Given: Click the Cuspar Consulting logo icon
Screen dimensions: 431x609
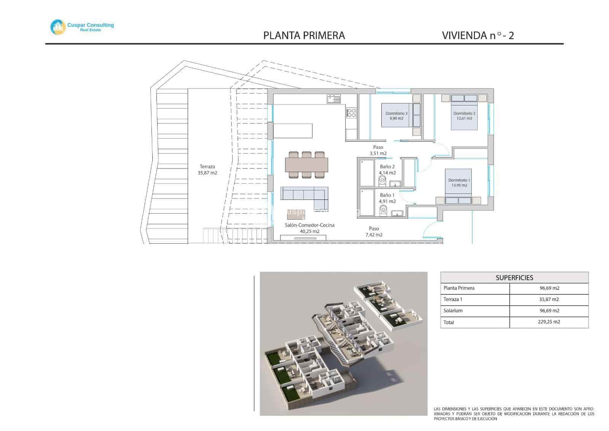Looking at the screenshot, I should click(58, 27).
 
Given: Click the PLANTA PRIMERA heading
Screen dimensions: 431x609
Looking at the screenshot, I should click(304, 35).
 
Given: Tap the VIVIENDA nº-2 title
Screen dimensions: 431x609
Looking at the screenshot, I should click(478, 35).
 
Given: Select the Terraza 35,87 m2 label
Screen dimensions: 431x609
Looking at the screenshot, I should click(207, 170).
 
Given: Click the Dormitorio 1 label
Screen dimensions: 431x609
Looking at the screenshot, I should click(459, 183).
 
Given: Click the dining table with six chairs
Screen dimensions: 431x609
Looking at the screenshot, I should click(306, 164).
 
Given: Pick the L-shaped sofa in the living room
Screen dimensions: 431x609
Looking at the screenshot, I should click(304, 194).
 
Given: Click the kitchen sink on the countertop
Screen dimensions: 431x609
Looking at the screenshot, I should click(335, 99).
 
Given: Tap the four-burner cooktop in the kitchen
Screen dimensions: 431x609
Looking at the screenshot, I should click(351, 113).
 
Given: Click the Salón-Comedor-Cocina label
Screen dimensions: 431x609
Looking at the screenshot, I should click(309, 228).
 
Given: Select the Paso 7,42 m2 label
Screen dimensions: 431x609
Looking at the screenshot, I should click(374, 231).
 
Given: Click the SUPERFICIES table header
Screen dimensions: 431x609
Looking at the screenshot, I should click(514, 278).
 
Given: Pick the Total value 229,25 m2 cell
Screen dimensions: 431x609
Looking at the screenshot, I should click(549, 322).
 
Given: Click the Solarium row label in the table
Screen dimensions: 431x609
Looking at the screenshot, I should click(453, 311).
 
